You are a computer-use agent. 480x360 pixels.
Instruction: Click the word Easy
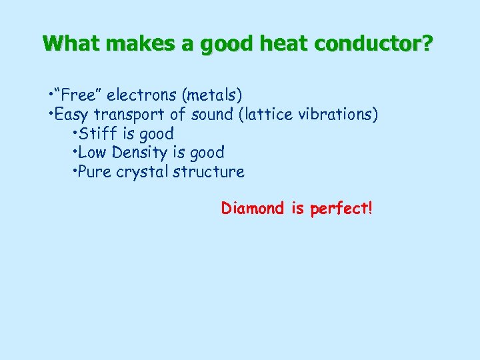(73, 114)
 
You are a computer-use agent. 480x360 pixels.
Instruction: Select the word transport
(131, 115)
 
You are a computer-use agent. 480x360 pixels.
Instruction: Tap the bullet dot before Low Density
(73, 153)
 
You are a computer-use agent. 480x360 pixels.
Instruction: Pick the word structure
(209, 172)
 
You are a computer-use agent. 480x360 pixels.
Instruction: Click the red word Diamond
(253, 209)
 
